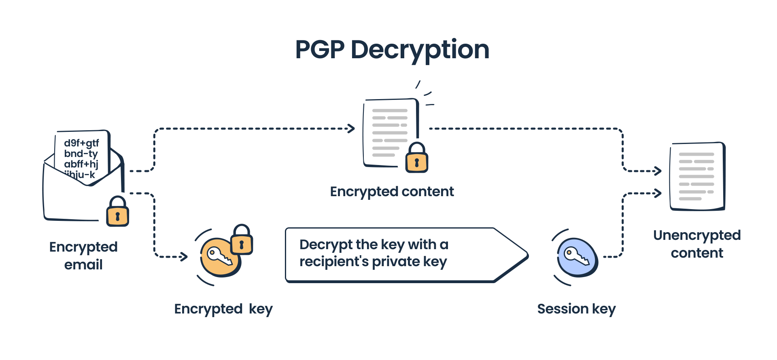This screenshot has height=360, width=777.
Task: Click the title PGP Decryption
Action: (392, 50)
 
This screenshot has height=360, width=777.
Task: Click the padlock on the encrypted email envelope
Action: (117, 212)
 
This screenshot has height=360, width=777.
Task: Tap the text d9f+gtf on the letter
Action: (81, 143)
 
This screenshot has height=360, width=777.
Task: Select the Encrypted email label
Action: (83, 256)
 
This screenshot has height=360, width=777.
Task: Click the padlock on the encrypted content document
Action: (416, 159)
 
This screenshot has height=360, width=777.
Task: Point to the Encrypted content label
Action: (392, 191)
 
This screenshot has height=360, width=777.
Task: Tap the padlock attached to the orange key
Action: (242, 240)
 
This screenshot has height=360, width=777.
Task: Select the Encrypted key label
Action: (223, 309)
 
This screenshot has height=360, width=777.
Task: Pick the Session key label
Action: (576, 309)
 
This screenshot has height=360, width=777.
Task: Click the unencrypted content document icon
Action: (697, 176)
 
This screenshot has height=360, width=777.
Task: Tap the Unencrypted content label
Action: (697, 244)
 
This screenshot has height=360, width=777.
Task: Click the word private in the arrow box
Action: (395, 262)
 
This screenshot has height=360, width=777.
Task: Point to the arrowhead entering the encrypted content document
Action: (351, 129)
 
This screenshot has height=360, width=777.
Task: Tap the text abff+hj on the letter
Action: (81, 164)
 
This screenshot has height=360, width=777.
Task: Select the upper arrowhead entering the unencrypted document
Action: (658, 171)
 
